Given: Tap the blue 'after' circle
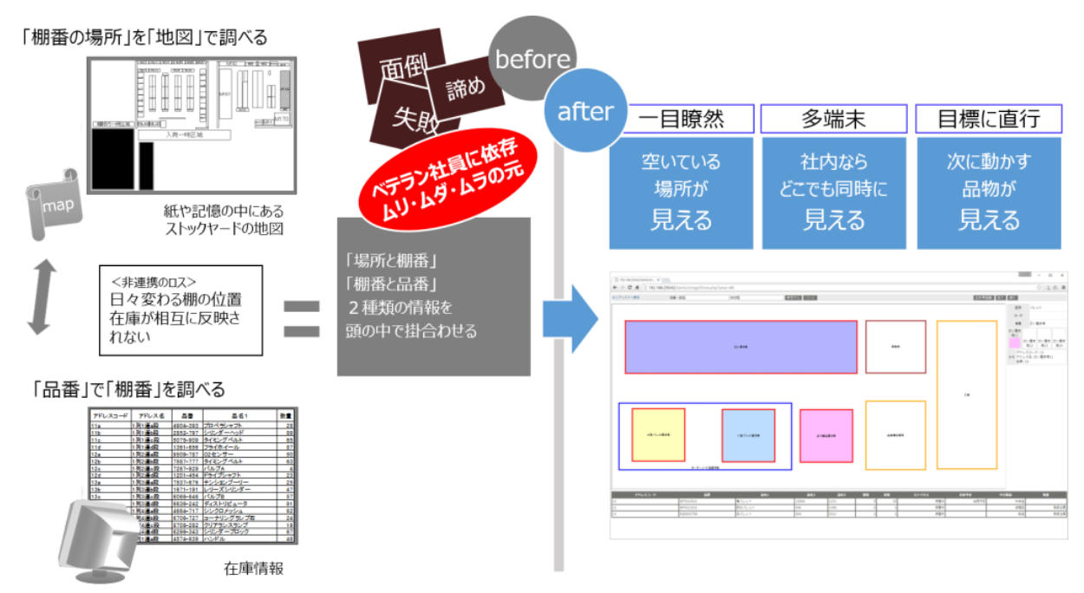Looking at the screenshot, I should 584,112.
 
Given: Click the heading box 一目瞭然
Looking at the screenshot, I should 681,119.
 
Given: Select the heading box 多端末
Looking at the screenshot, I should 833,119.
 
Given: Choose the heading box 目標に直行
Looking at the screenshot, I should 989,119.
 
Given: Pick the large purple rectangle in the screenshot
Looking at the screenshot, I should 741,347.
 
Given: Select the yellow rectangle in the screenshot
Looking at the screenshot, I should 658,434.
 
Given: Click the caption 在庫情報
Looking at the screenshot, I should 253,570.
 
